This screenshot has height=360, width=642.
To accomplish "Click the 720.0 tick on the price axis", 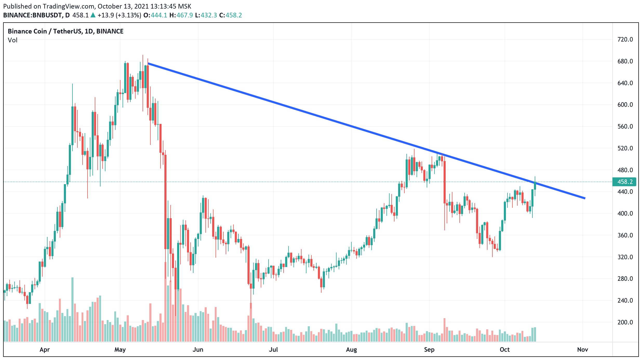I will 625,39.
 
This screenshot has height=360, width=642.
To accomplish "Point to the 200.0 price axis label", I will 625,322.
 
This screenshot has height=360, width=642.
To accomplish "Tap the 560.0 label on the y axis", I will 625,126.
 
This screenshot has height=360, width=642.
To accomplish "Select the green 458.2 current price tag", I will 624,182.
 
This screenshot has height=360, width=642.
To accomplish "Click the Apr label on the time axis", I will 45,350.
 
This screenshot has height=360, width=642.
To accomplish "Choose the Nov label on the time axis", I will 583,350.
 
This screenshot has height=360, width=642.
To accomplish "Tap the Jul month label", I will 273,350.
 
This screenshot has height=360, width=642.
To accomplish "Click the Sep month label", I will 429,350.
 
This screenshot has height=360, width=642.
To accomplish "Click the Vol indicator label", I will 12,40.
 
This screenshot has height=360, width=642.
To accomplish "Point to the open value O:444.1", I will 155,15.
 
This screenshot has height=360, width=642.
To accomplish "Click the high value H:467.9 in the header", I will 181,15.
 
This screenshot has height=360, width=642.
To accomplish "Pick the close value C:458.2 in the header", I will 230,15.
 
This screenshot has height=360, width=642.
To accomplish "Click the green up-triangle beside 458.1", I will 93,15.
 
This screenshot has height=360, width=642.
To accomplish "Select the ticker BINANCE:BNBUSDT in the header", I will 33,15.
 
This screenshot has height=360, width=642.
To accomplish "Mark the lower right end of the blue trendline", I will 584,198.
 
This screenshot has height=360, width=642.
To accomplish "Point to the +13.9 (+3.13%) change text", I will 119,15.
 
